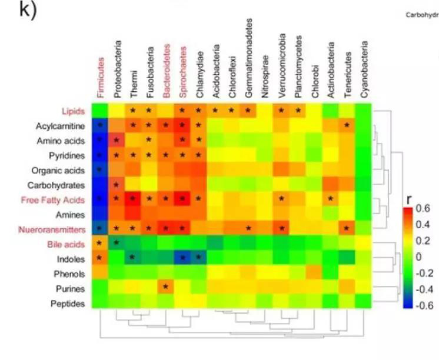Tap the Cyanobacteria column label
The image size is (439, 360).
365,70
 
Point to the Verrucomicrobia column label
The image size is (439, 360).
282,66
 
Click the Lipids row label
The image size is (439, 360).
73,111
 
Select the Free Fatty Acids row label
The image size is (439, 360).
59,200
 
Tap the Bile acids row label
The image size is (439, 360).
68,244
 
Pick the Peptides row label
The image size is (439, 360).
68,304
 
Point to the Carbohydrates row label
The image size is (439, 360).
59,185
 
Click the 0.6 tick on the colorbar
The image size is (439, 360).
423,208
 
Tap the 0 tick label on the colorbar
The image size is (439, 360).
419,257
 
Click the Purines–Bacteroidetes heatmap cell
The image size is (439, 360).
167,288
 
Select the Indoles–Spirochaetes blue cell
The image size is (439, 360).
184,258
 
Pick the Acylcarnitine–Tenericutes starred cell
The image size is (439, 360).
348,125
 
